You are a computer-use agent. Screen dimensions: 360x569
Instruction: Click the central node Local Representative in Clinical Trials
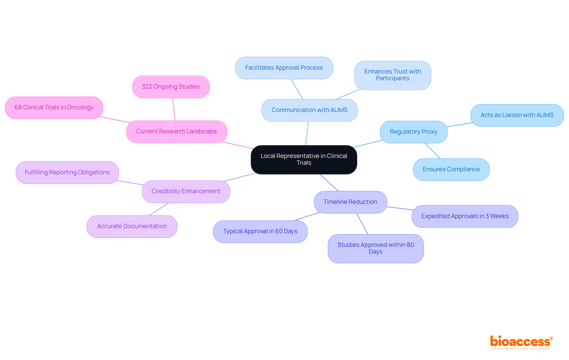[x=304, y=159]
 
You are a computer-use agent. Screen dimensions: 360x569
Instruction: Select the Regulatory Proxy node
[x=413, y=132]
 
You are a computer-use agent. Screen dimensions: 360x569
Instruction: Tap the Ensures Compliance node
[x=451, y=169]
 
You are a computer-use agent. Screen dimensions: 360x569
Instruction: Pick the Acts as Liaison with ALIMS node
[x=517, y=115]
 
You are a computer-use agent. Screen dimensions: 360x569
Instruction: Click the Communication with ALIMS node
[x=309, y=110]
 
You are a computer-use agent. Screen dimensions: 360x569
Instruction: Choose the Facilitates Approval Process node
[x=284, y=68]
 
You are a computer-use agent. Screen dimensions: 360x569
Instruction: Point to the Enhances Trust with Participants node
[x=393, y=75]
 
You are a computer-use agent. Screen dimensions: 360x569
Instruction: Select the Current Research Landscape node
[x=176, y=132]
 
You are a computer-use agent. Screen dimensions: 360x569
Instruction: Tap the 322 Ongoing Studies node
[x=171, y=87]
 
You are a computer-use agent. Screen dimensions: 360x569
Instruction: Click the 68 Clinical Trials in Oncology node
[x=54, y=108]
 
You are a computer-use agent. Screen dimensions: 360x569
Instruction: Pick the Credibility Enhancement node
[x=186, y=191]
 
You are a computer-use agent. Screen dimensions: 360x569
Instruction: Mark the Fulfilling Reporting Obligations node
[x=67, y=172]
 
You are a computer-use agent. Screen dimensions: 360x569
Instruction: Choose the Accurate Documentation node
[x=132, y=226]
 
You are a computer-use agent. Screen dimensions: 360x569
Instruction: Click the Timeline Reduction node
[x=350, y=202]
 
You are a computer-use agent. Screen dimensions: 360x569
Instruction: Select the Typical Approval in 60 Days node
[x=260, y=231]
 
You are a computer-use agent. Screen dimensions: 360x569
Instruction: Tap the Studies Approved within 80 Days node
[x=376, y=248]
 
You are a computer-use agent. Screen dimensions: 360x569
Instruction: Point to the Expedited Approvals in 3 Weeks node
[x=465, y=216]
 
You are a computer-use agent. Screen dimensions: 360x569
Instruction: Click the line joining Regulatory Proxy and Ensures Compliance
[x=433, y=151]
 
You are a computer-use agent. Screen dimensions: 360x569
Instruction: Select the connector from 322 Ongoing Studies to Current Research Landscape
[x=174, y=109]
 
